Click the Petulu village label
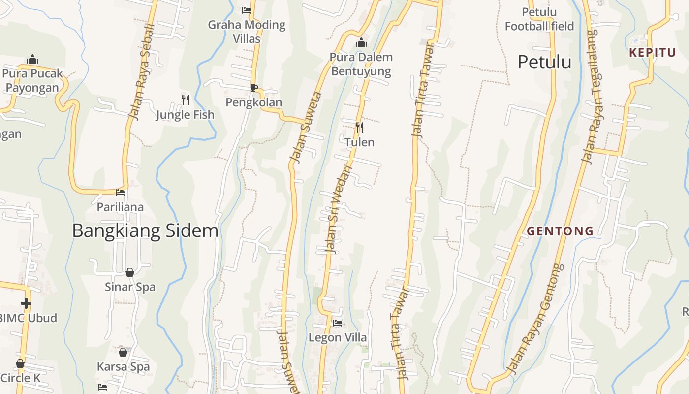click(544, 62)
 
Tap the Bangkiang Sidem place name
click(145, 230)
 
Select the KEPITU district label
click(652, 53)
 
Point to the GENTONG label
click(560, 230)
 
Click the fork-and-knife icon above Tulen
click(360, 128)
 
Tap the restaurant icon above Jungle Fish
click(186, 100)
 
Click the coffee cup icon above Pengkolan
click(254, 88)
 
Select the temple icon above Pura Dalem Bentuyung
click(361, 43)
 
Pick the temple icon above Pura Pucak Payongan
click(32, 59)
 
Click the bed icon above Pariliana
click(120, 193)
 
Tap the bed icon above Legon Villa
click(338, 323)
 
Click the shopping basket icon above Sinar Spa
click(130, 272)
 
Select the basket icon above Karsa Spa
click(123, 352)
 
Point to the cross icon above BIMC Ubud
click(26, 303)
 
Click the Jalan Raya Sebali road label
click(141, 72)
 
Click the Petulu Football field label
click(539, 19)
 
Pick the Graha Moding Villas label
click(247, 31)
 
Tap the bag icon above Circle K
click(20, 364)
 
